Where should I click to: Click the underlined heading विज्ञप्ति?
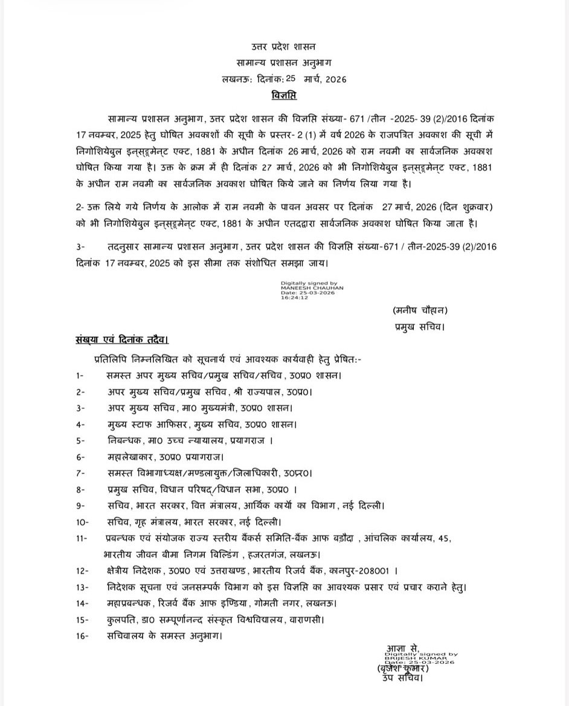[284, 95]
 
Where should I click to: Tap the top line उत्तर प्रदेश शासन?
[284, 47]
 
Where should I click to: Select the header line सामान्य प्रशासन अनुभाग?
[284, 63]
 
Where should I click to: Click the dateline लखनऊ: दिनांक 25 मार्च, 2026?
[284, 79]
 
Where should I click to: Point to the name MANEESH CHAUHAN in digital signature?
[312, 288]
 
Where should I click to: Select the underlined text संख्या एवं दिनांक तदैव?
[122, 341]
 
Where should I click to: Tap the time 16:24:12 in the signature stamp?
[294, 298]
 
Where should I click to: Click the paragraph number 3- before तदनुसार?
[82, 248]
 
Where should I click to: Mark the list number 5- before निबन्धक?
[80, 441]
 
